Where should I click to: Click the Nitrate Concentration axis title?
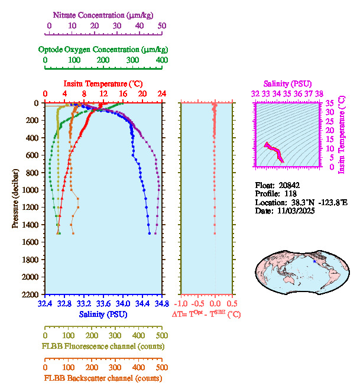click(x=104, y=14)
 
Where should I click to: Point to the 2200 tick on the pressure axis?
click(x=31, y=294)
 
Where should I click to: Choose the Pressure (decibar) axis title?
click(x=15, y=199)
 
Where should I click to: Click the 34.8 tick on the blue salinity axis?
click(x=161, y=303)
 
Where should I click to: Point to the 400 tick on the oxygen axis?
click(x=161, y=60)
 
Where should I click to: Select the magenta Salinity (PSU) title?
click(x=287, y=83)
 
